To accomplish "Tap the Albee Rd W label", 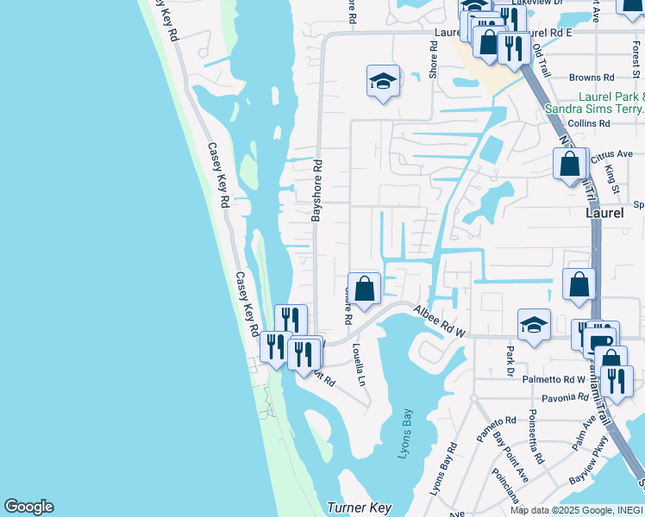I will pyautogui.click(x=440, y=321).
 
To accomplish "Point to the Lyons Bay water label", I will pyautogui.click(x=410, y=433).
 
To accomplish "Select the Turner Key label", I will pyautogui.click(x=360, y=508).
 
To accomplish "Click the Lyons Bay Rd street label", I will pyautogui.click(x=444, y=470).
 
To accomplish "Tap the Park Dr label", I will pyautogui.click(x=510, y=360).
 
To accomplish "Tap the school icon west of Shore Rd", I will pyautogui.click(x=383, y=82).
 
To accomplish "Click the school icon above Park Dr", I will pyautogui.click(x=534, y=325).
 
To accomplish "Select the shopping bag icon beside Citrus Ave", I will pyautogui.click(x=570, y=162).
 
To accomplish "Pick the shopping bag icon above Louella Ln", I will pyautogui.click(x=364, y=289).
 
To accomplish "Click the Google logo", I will pyautogui.click(x=28, y=507).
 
